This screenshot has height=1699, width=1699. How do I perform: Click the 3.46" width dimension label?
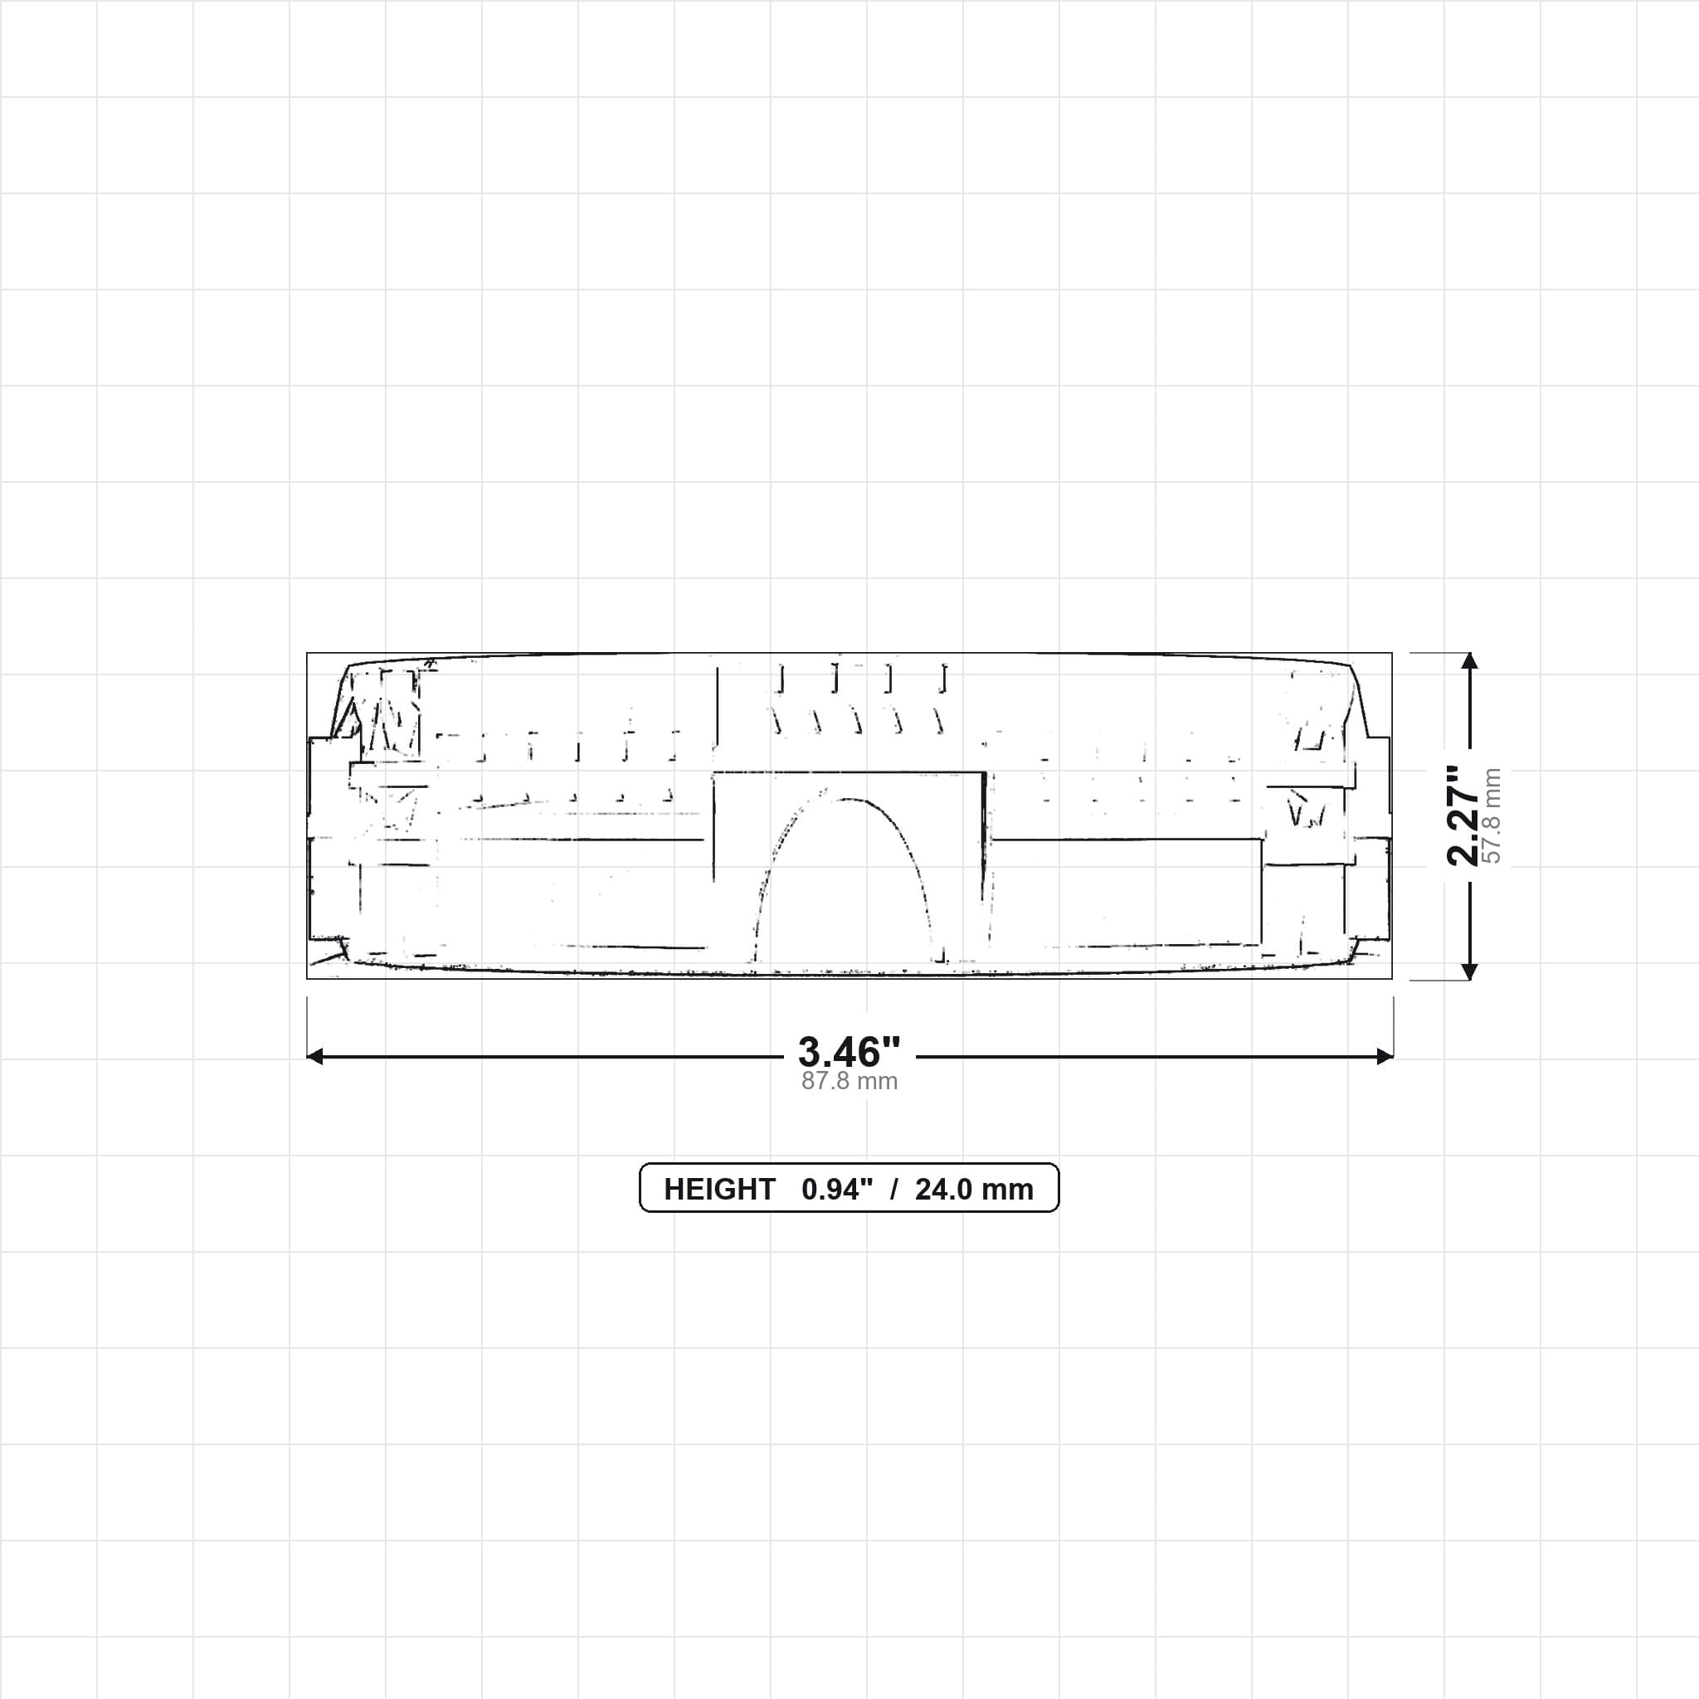point(849,1052)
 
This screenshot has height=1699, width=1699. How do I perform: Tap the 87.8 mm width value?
point(849,1081)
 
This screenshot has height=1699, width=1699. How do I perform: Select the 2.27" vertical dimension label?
point(1463,815)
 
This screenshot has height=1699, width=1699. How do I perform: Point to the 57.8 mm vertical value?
point(1492,815)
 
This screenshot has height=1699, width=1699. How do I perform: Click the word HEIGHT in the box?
point(719,1189)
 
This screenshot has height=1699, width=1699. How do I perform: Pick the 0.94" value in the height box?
point(837,1189)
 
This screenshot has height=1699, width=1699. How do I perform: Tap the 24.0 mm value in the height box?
point(975,1189)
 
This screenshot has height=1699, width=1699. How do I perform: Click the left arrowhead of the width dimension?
point(314,1056)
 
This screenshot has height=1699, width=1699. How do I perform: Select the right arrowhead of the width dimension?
point(1385,1056)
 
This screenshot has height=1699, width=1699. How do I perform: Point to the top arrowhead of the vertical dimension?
point(1469,660)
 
